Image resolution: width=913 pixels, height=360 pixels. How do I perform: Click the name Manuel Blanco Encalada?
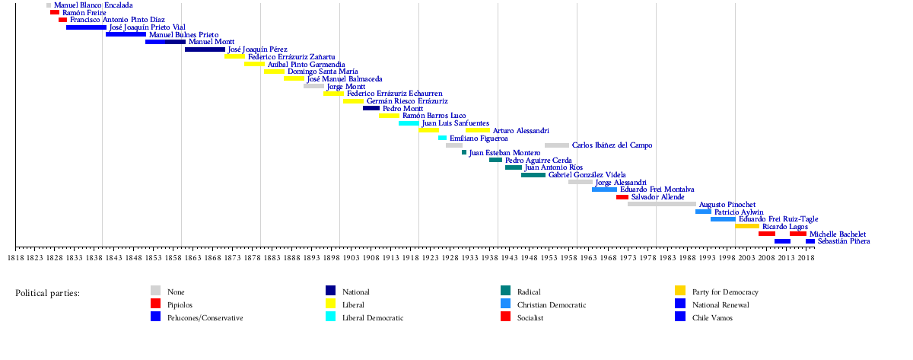coord(93,5)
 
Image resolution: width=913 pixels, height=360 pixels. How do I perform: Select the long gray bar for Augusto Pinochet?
coord(661,204)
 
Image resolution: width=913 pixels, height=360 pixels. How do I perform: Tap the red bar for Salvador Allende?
coord(622,197)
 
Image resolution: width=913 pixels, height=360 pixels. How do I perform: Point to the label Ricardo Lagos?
coord(785,226)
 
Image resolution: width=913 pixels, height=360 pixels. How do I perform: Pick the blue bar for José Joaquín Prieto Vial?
coord(86,27)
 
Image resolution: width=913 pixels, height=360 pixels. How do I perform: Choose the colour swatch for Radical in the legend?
coord(506,292)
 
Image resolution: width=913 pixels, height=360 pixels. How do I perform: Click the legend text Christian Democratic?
coord(552,305)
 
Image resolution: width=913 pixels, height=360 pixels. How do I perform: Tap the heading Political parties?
coord(47,293)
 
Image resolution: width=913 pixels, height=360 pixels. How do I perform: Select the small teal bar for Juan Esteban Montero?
coord(464,153)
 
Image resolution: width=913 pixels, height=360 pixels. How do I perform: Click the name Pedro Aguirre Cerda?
coord(539,161)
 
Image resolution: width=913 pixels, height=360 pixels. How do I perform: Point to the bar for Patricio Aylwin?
coord(703,212)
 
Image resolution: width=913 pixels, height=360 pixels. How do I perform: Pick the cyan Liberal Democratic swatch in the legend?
coord(331,317)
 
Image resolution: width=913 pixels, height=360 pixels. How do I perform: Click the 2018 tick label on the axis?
coord(806,259)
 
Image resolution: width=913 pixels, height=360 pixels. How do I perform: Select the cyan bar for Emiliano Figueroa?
coord(442,139)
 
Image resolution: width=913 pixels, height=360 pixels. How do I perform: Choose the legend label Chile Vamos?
coord(711,318)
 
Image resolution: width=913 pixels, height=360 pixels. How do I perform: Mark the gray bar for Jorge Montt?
coord(313,86)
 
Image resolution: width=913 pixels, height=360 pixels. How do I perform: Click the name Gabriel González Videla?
coord(587,175)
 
